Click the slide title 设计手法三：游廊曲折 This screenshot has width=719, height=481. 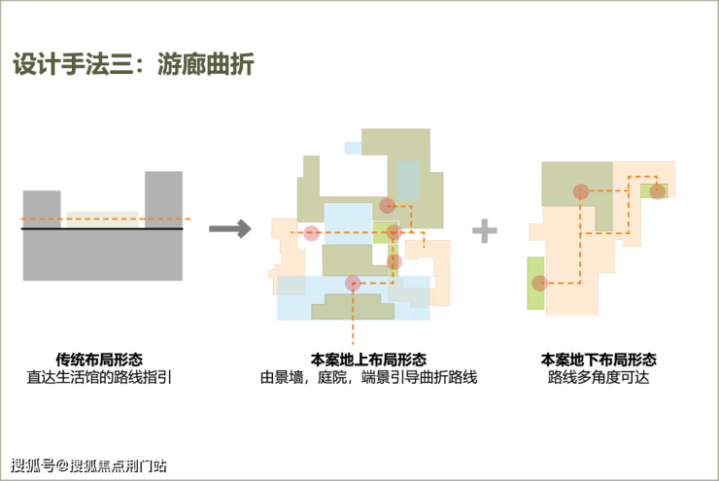coord(133,64)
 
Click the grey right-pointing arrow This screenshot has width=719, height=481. coord(230,228)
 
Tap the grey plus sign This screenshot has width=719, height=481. coord(485,230)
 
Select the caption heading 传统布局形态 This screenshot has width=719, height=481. coord(99,359)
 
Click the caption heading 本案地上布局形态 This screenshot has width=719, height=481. coord(368,359)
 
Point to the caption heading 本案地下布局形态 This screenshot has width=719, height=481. coord(599,359)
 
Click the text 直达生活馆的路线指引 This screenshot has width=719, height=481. coord(99,377)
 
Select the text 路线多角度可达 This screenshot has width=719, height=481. coord(599,377)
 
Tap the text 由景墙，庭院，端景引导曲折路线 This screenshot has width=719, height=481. coord(368,377)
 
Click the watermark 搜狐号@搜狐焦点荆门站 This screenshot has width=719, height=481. coord(88,465)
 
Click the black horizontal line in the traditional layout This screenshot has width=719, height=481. coord(102,228)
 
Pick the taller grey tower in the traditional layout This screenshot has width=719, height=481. coord(163,200)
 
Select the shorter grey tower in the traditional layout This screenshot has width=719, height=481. coord(42,209)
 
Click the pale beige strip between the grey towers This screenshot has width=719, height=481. coord(103,220)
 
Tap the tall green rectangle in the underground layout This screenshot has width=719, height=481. coord(535,283)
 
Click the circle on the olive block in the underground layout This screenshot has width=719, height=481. coord(581,191)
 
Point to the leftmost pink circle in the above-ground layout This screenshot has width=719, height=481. coord(311,233)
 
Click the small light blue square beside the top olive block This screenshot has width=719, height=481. coord(353,148)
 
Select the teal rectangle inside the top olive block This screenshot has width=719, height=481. coord(408,180)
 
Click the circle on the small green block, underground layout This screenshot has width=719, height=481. coord(658,191)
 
